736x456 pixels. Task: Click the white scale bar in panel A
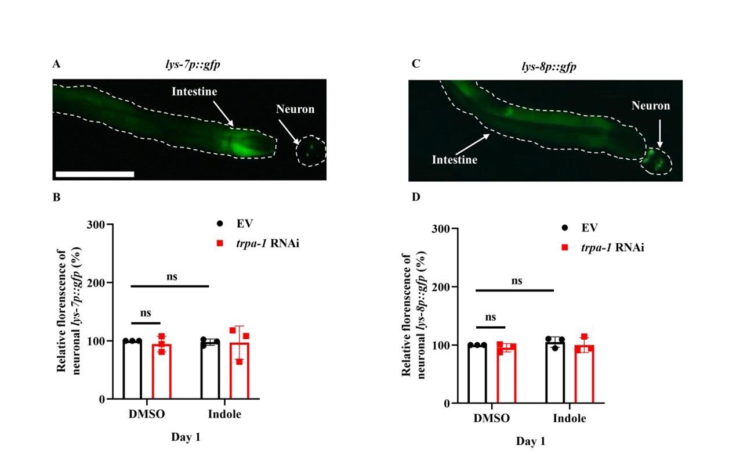[x=95, y=174]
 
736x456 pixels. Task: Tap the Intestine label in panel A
[x=194, y=91]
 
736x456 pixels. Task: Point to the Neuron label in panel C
[x=650, y=106]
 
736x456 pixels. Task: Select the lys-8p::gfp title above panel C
[x=548, y=67]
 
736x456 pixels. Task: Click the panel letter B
[x=57, y=197]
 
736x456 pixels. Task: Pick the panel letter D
[x=415, y=198]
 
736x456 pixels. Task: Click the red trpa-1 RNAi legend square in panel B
[x=220, y=243]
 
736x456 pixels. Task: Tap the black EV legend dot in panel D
[x=565, y=228]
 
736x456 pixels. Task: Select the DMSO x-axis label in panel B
[x=147, y=414]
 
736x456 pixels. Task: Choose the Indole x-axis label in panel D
[x=569, y=418]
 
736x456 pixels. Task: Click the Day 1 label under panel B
[x=186, y=437]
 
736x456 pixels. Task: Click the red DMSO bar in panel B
[x=161, y=372]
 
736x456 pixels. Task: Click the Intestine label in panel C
[x=454, y=159]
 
